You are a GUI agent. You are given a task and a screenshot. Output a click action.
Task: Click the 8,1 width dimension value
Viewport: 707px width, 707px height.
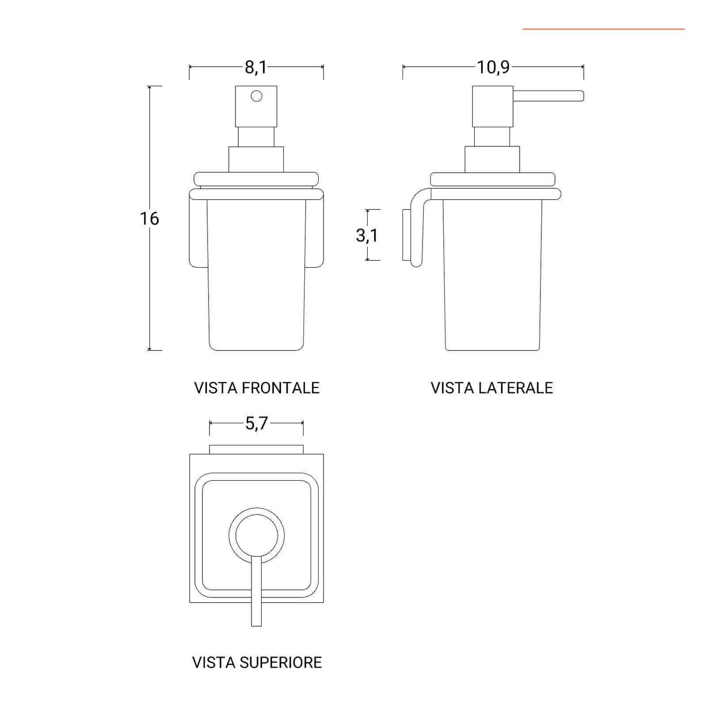point(256,68)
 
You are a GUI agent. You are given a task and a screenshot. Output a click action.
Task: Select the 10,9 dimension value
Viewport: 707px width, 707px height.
point(493,68)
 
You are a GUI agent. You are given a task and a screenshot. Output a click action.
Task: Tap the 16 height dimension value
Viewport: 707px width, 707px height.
point(149,218)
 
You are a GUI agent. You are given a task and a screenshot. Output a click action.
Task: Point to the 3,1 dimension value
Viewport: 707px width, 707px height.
point(367,235)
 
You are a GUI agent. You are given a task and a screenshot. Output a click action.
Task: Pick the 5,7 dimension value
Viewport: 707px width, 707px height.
point(257,424)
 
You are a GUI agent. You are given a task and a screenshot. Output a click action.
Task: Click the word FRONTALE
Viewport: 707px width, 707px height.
point(281,388)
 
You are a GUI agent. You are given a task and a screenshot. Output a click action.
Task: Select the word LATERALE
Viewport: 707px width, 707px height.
point(517,388)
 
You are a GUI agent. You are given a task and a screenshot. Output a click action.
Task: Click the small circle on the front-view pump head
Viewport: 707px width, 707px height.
point(256,96)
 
